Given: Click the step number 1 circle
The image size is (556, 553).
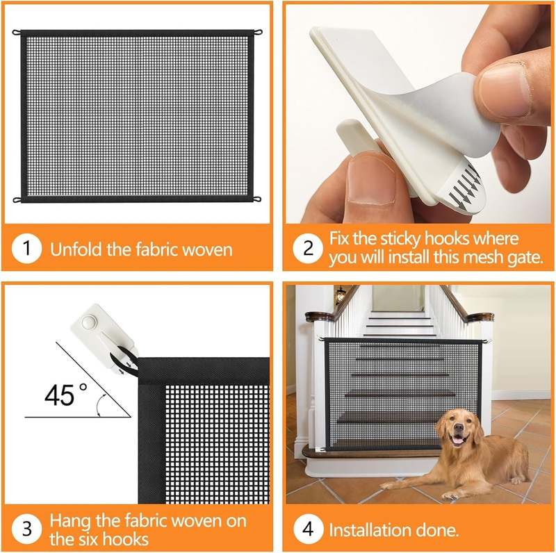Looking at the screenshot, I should [26, 249].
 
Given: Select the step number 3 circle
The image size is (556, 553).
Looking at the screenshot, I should [26, 529].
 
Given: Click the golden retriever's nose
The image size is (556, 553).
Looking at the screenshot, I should [457, 431].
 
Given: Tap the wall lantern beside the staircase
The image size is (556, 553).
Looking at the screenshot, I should [340, 295].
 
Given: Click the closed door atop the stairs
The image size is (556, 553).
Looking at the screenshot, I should [397, 298].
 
